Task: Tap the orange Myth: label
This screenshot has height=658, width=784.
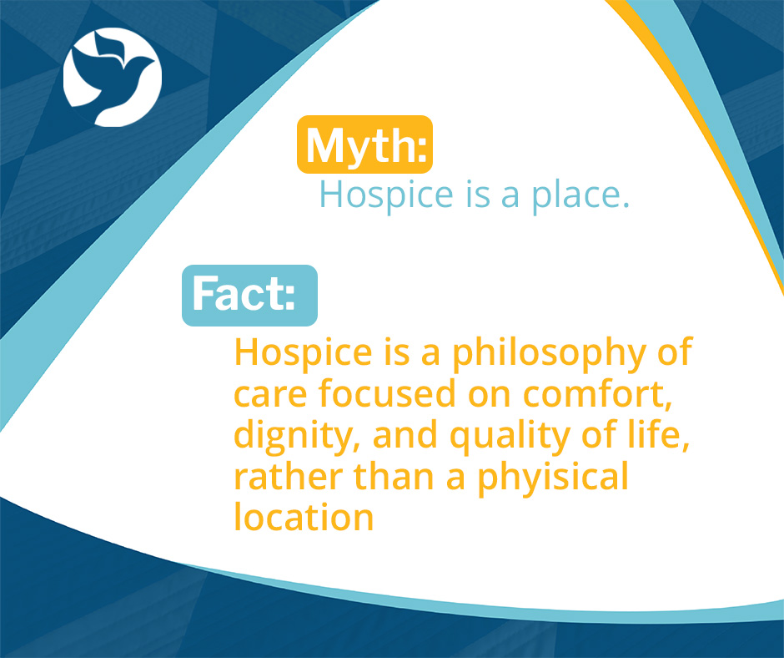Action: tap(365, 144)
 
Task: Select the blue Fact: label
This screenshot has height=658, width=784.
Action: tap(249, 296)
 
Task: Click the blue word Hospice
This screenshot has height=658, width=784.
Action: tap(381, 195)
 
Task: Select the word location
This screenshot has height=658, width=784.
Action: tap(304, 518)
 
